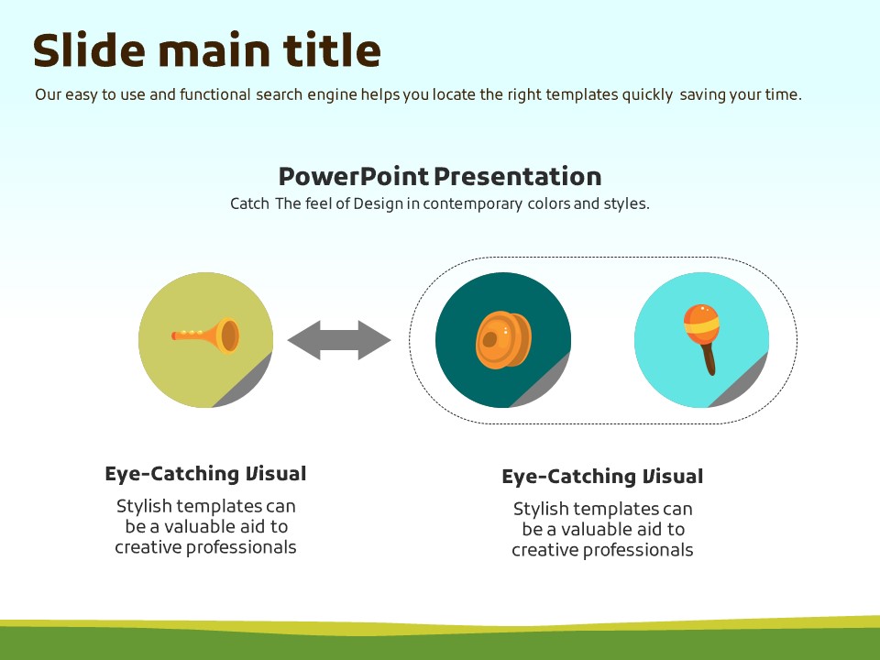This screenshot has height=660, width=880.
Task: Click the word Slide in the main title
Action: (x=89, y=49)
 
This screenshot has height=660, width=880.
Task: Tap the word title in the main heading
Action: (x=332, y=49)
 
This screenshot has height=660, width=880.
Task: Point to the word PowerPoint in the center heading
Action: (x=354, y=176)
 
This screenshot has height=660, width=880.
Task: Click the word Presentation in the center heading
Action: (x=517, y=176)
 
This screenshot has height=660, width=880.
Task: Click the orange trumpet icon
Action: (x=206, y=335)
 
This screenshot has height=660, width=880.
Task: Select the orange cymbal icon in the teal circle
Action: (x=503, y=340)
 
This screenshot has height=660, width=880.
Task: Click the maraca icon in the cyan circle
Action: (x=702, y=339)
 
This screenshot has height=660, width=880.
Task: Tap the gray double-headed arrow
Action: (x=339, y=340)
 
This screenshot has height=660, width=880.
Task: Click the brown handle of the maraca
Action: (x=709, y=359)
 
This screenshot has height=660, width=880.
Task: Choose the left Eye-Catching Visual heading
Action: (x=205, y=474)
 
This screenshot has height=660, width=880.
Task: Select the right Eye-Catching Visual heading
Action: (x=602, y=477)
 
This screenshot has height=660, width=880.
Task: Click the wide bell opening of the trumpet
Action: (x=229, y=335)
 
